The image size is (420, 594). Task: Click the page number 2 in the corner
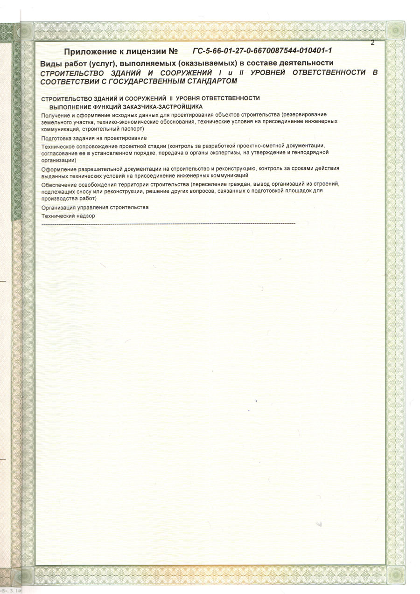coord(373,42)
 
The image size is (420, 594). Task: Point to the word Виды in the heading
coord(50,63)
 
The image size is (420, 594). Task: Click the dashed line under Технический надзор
coord(168,224)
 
